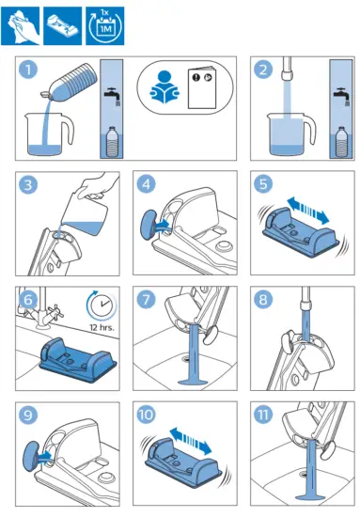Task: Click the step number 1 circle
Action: click(28, 70)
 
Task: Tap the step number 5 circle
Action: click(263, 184)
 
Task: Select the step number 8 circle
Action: click(263, 299)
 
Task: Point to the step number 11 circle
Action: click(263, 415)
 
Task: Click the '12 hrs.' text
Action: click(102, 328)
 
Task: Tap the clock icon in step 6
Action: click(102, 305)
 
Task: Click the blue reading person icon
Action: click(164, 87)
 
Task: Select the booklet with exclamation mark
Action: click(202, 88)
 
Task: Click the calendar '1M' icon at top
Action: click(105, 25)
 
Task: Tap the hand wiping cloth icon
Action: click(21, 25)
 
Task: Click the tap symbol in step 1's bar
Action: click(112, 96)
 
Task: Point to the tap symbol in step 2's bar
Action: click(341, 96)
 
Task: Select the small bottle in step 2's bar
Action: click(341, 142)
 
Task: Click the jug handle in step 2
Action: click(309, 130)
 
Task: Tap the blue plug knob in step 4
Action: click(149, 225)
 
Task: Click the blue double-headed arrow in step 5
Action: click(308, 211)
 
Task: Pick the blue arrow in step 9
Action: click(44, 457)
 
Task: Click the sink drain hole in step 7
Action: click(186, 358)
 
